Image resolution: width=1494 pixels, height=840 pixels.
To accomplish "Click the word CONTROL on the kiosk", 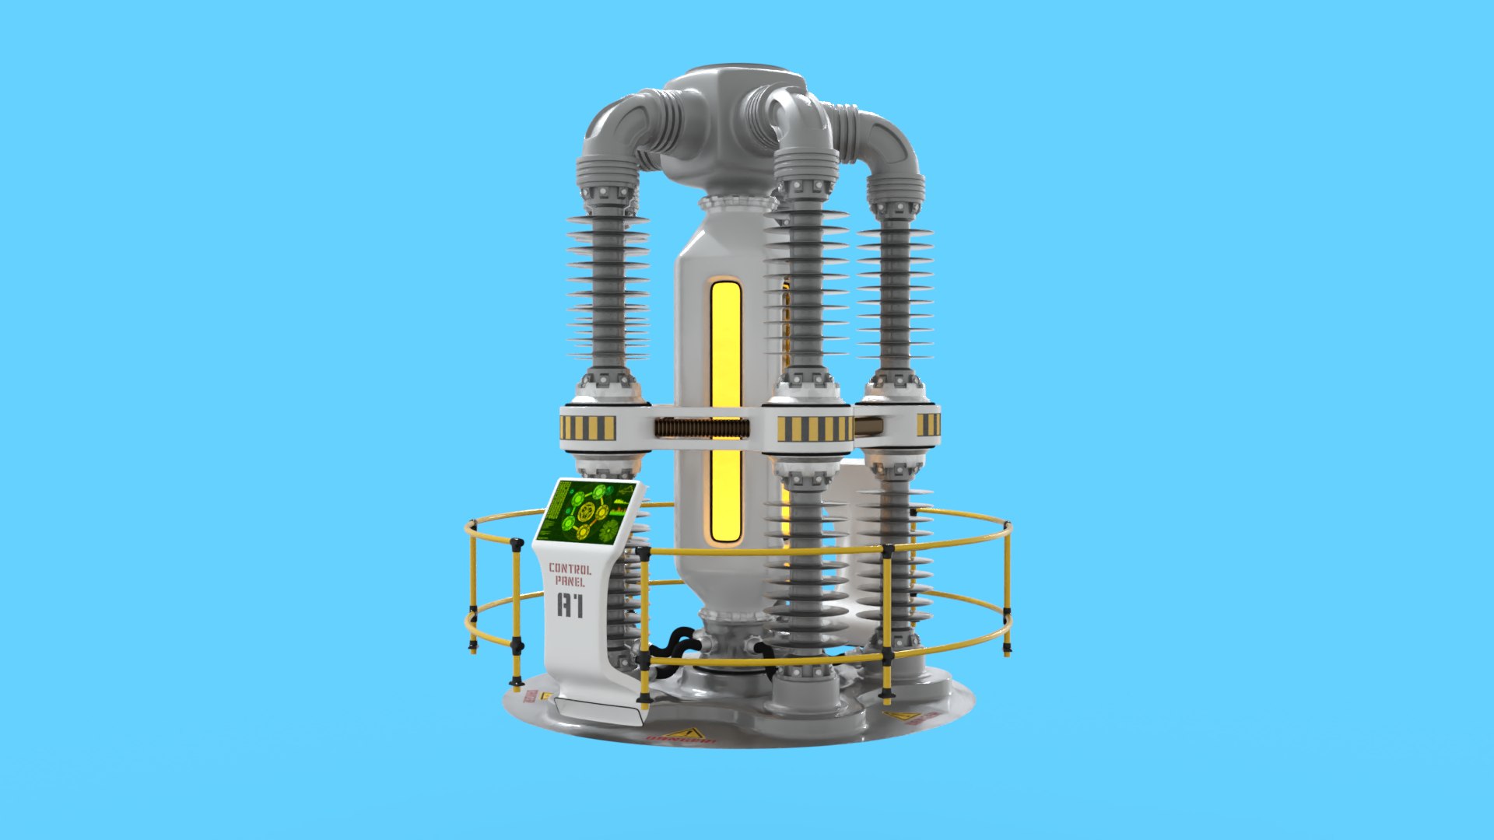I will coord(570,569).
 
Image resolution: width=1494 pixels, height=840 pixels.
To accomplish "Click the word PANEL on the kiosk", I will coord(570,581).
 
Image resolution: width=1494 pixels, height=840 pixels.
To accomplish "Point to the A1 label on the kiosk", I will coord(570,605).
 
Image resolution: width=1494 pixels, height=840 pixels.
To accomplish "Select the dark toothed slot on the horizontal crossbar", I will coord(702,428).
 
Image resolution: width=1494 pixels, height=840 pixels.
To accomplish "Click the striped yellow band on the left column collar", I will coord(588,428).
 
